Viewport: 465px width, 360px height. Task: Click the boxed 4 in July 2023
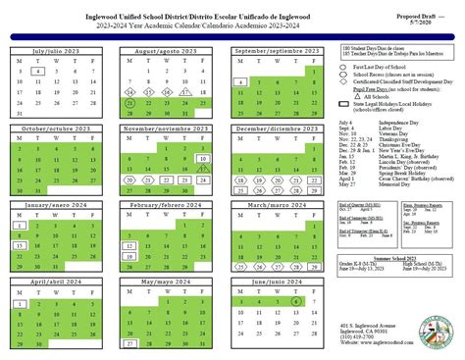36,72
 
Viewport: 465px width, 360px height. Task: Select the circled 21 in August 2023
129,102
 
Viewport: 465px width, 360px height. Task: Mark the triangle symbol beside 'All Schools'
357,97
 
